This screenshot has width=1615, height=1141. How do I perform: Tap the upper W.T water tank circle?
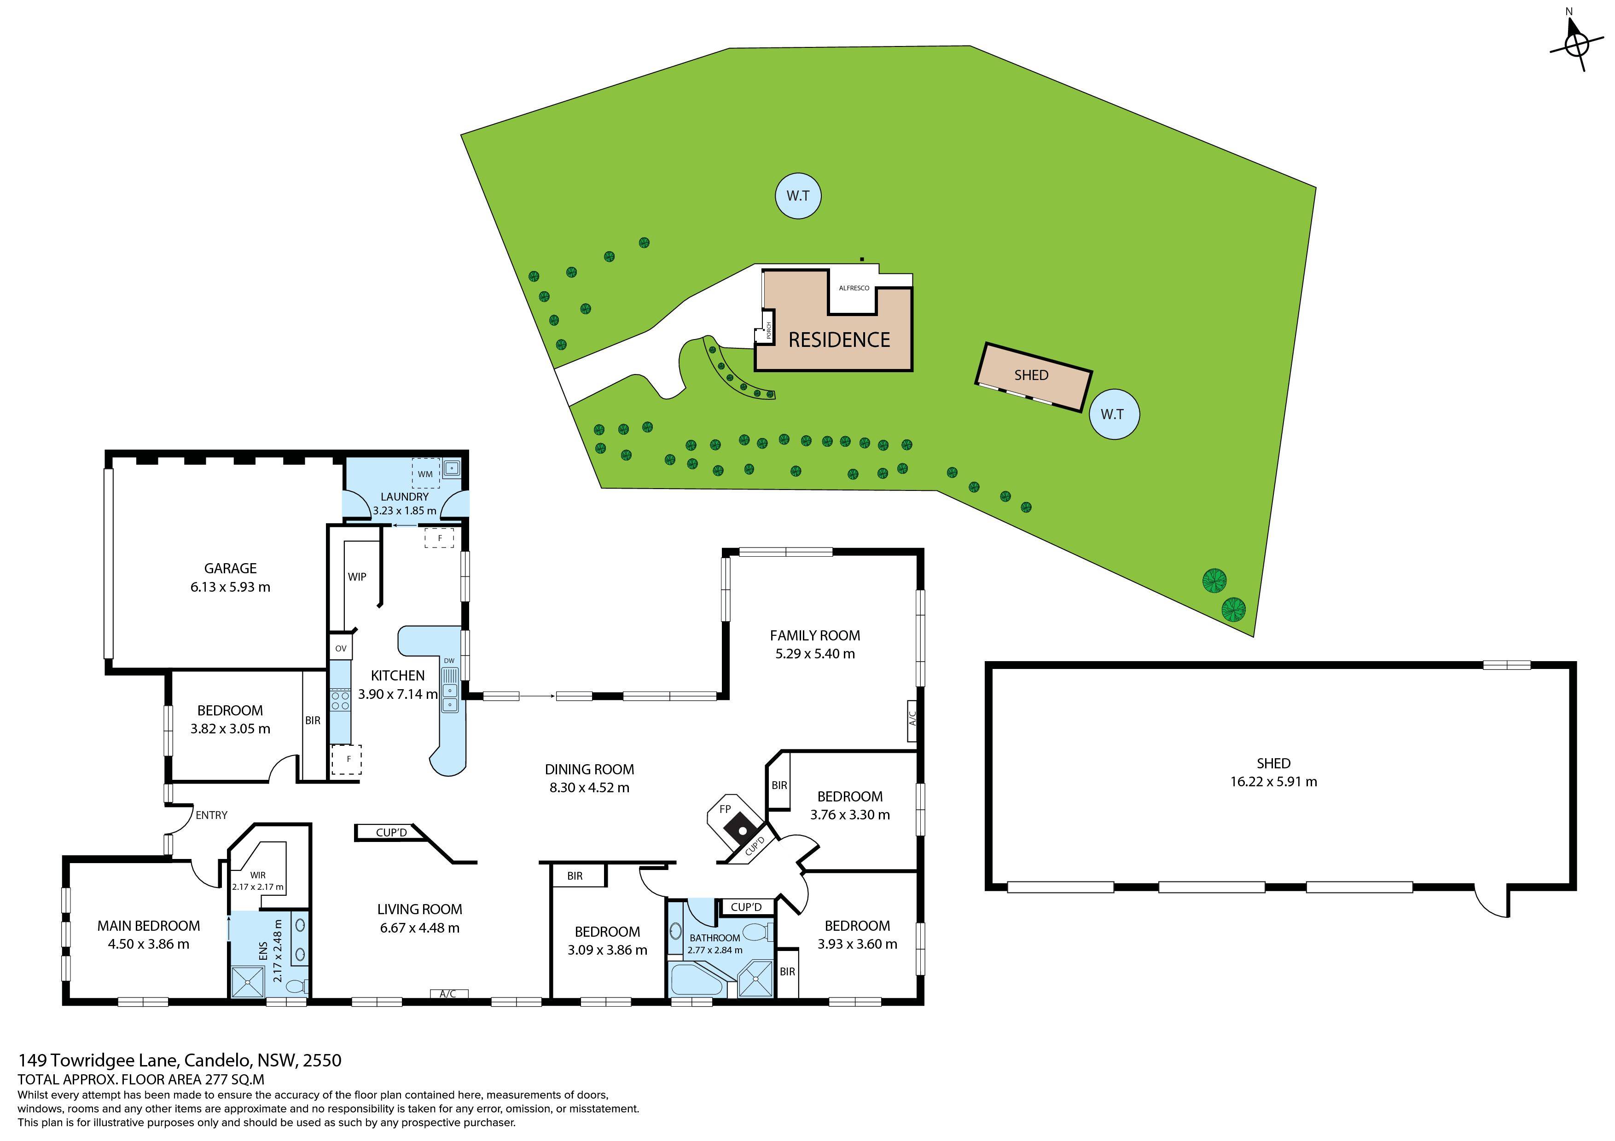pos(798,196)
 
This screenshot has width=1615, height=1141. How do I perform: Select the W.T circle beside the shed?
pos(1112,414)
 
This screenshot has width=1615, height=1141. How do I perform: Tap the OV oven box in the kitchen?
pos(340,648)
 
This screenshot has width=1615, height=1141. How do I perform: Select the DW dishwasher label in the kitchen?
pos(449,661)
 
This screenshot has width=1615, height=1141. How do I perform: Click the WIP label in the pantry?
pos(357,576)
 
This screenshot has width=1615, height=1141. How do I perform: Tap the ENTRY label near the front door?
pos(211,815)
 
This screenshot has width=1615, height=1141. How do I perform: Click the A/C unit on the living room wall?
pos(448,993)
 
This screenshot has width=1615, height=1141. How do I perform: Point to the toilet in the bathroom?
pos(758,933)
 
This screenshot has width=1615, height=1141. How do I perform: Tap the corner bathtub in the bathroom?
pos(696,980)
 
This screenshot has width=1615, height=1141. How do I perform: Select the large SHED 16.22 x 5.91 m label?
pos(1272,772)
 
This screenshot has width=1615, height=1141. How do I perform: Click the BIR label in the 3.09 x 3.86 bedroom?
pos(575,876)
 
